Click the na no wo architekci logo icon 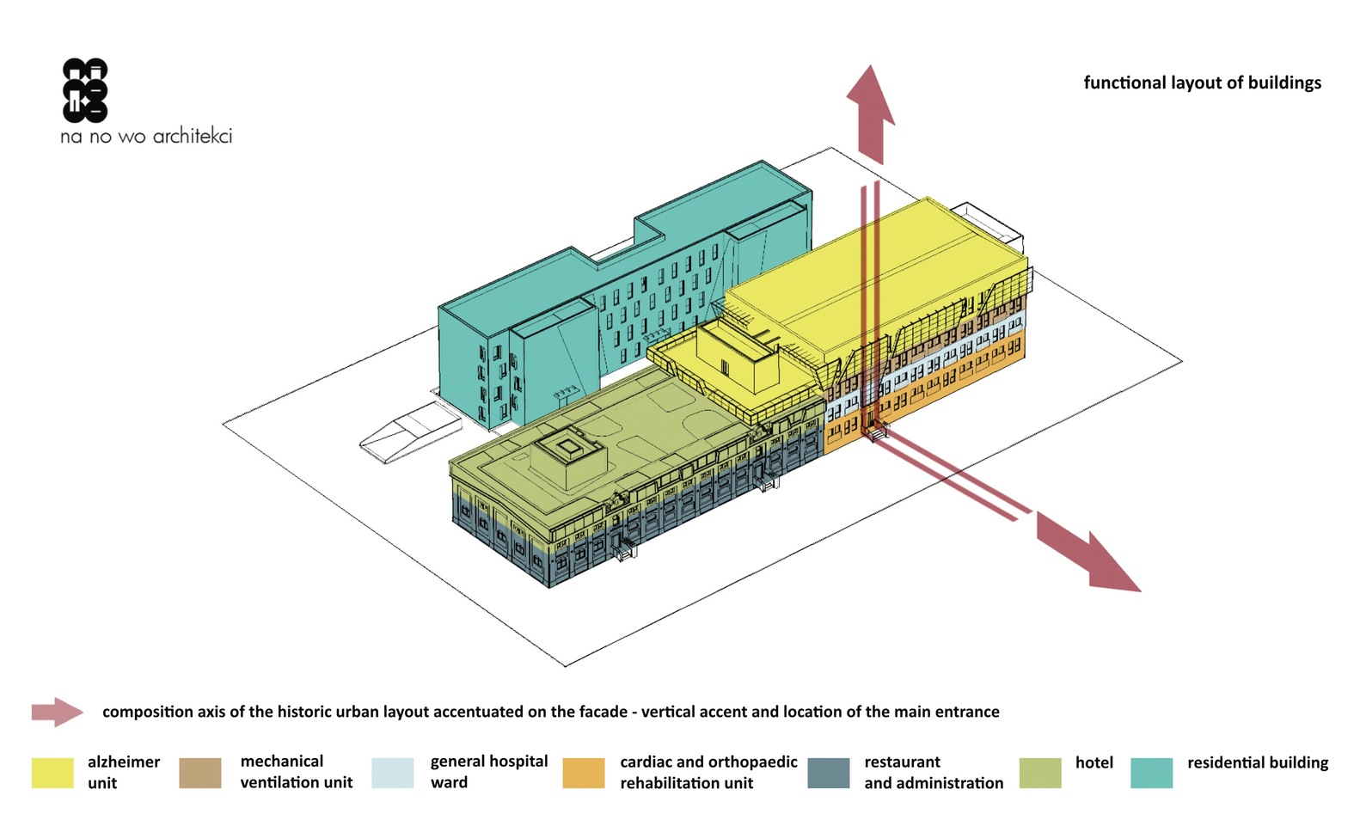pos(85,90)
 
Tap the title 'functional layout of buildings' pos(1202,83)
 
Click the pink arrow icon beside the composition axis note pos(57,712)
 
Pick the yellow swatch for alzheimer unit pos(52,772)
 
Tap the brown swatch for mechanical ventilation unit pos(200,772)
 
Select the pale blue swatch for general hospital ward pos(392,772)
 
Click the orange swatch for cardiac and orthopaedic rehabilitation pos(583,772)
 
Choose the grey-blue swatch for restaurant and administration pos(829,772)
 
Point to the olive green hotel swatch pos(1039,772)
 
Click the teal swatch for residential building pos(1151,772)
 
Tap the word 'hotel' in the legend pos(1094,762)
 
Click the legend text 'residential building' pos(1257,762)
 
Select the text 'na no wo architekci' pos(146,136)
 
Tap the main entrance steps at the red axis pos(875,432)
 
